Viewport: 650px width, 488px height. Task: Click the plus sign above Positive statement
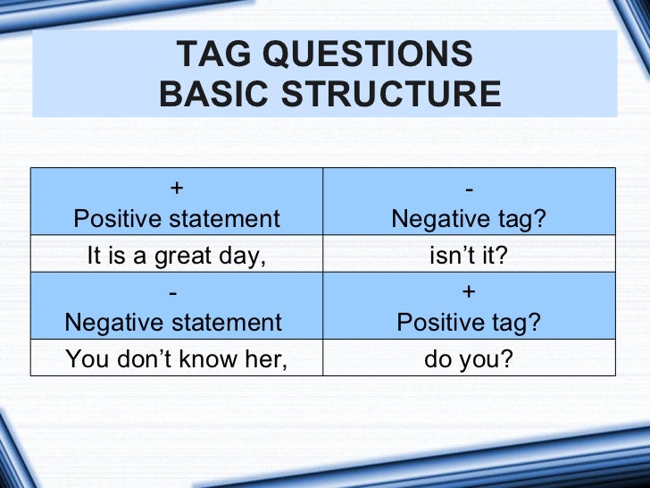pyautogui.click(x=177, y=188)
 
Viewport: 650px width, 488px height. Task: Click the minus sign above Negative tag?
pyautogui.click(x=470, y=188)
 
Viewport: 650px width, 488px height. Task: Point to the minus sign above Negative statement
pyautogui.click(x=173, y=293)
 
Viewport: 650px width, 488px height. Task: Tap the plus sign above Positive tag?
pyautogui.click(x=470, y=293)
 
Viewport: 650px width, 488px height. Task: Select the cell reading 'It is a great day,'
pyautogui.click(x=177, y=257)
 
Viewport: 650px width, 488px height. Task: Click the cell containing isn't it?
pyautogui.click(x=469, y=257)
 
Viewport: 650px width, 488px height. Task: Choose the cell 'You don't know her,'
pyautogui.click(x=177, y=359)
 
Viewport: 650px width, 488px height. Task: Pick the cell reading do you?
pyautogui.click(x=469, y=359)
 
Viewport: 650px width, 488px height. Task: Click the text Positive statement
pyautogui.click(x=177, y=218)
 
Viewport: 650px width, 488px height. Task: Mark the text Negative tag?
pyautogui.click(x=469, y=218)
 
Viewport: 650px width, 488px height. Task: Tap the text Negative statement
pyautogui.click(x=173, y=323)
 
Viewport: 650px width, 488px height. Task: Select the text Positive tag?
pyautogui.click(x=469, y=323)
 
